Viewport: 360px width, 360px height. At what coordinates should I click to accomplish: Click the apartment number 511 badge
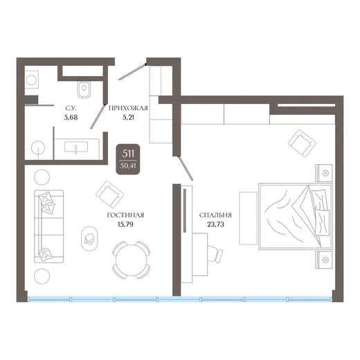[x=127, y=159]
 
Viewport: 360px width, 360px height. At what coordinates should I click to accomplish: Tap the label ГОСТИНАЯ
[x=125, y=215]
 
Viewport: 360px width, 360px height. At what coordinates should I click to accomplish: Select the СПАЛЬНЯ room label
[x=215, y=215]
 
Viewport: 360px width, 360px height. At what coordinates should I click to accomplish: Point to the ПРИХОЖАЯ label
[x=128, y=108]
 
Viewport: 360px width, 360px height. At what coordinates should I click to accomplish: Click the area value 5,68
[x=71, y=118]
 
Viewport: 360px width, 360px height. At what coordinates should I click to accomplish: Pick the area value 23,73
[x=215, y=224]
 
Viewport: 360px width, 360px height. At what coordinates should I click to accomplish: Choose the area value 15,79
[x=125, y=224]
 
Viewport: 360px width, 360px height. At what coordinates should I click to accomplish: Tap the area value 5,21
[x=128, y=118]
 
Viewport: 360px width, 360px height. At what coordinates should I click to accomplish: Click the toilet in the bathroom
[x=84, y=89]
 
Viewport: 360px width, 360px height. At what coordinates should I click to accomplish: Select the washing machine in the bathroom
[x=31, y=80]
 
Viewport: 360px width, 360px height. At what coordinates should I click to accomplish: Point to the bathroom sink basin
[x=76, y=147]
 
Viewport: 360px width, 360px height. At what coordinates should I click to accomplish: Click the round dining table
[x=132, y=260]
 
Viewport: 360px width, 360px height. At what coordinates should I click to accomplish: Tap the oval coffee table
[x=89, y=239]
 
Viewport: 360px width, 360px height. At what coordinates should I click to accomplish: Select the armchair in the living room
[x=109, y=195]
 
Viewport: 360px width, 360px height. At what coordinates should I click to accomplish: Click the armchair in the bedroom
[x=302, y=143]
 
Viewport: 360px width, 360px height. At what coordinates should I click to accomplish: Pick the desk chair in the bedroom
[x=215, y=253]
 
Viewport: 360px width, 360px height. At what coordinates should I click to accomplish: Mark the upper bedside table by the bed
[x=324, y=173]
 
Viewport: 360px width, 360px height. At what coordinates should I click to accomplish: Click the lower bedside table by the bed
[x=324, y=260]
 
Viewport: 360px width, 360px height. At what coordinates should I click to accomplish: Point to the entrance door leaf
[x=132, y=72]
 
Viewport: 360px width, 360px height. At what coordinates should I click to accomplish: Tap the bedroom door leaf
[x=185, y=168]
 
